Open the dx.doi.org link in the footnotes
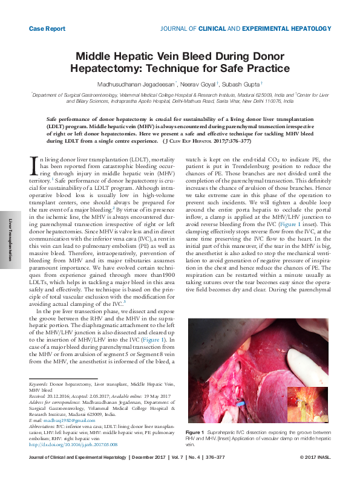[73, 444]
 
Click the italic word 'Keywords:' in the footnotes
[38, 384]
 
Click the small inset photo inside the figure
[307, 404]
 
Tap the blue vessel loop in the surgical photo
[240, 400]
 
